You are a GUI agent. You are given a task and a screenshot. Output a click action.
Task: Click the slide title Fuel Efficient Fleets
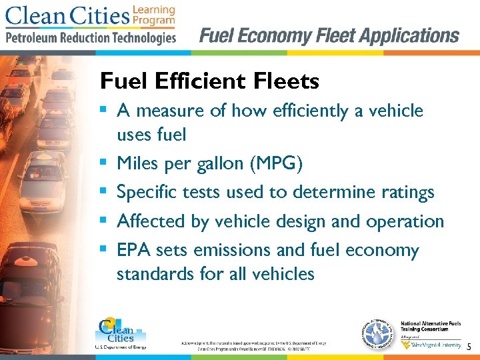[209, 81]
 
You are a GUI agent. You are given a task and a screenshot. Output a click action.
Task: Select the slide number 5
[469, 347]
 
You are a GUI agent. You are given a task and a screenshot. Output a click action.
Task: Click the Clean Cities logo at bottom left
[120, 331]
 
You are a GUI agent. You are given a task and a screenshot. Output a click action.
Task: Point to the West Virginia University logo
[430, 345]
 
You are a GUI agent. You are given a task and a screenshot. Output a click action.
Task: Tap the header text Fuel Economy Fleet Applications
[329, 35]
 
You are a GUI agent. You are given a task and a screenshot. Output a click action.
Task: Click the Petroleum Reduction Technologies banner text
[91, 37]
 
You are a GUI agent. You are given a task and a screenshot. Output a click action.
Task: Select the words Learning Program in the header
[154, 15]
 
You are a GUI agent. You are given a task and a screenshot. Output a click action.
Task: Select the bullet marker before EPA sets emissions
[105, 251]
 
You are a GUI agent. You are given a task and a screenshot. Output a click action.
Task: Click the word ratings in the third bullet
[407, 193]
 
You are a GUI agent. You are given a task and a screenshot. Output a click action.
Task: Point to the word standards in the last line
[154, 273]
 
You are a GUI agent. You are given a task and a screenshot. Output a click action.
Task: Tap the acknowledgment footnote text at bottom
[253, 345]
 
